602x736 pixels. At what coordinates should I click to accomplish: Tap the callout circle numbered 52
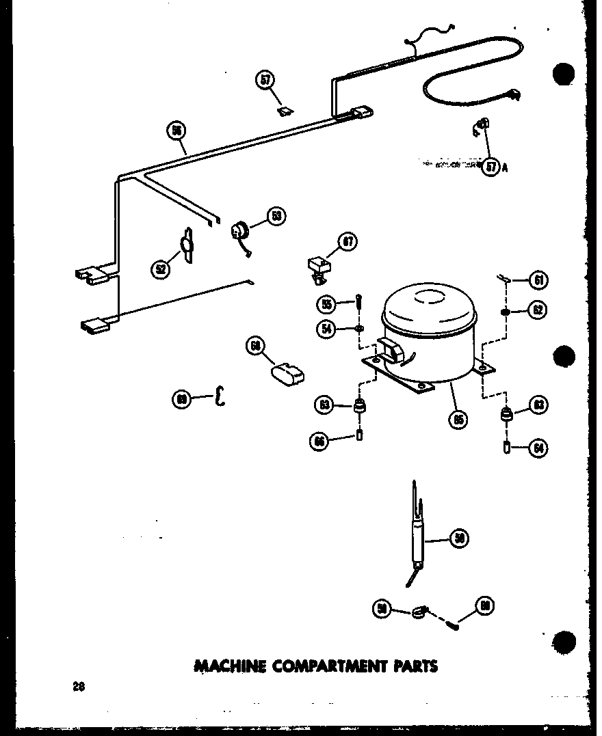coord(161,269)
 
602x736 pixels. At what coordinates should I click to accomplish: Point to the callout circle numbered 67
coord(348,241)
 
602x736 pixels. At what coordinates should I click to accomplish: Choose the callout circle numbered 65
coord(458,418)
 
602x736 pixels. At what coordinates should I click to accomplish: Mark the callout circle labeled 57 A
coord(490,166)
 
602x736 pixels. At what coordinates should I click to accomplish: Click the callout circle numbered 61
coord(538,280)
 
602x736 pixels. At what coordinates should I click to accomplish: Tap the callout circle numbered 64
coord(538,448)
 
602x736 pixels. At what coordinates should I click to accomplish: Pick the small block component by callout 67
coord(317,264)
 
